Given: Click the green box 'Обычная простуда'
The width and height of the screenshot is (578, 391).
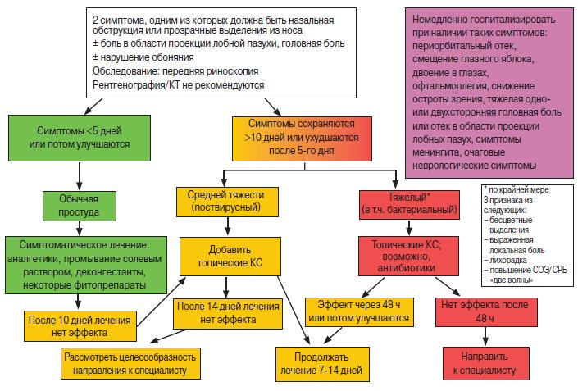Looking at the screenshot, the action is pyautogui.click(x=80, y=206).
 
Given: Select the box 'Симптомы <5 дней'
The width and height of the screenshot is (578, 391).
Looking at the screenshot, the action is pyautogui.click(x=80, y=138).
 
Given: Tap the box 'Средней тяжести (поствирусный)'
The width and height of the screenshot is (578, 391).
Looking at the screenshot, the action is pyautogui.click(x=227, y=202).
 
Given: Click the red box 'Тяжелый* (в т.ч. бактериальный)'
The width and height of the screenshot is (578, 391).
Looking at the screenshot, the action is pyautogui.click(x=409, y=205).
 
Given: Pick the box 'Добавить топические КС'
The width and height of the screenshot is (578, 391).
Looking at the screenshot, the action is pyautogui.click(x=230, y=256).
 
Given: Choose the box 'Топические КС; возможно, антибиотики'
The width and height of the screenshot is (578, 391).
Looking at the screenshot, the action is pyautogui.click(x=408, y=256).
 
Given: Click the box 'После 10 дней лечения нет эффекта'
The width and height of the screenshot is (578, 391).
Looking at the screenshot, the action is pyautogui.click(x=80, y=326).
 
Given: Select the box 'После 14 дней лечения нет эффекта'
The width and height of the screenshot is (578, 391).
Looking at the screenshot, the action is pyautogui.click(x=228, y=313).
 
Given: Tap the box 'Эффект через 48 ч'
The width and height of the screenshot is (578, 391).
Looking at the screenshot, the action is pyautogui.click(x=359, y=312).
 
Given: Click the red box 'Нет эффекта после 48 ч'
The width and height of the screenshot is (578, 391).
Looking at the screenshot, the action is pyautogui.click(x=486, y=311).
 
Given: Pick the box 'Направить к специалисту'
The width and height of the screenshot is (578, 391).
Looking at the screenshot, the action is pyautogui.click(x=486, y=363).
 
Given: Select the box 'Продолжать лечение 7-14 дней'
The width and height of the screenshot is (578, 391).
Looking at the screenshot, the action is pyautogui.click(x=322, y=364).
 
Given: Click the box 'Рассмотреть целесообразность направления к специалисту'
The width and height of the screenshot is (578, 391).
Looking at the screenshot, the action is pyautogui.click(x=130, y=363).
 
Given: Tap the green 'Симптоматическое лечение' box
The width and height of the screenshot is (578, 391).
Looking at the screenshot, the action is pyautogui.click(x=86, y=265).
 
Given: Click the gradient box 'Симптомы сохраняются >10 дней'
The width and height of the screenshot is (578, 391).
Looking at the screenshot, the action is pyautogui.click(x=302, y=139).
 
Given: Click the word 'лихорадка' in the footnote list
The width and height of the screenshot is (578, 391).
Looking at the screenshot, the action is pyautogui.click(x=508, y=260).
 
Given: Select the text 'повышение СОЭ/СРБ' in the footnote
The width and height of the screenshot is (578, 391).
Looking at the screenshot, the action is pyautogui.click(x=529, y=271).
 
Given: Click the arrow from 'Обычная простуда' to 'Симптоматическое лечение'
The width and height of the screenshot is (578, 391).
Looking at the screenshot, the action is pyautogui.click(x=80, y=229).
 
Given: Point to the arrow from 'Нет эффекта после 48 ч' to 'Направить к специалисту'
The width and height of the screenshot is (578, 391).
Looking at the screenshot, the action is pyautogui.click(x=485, y=336).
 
